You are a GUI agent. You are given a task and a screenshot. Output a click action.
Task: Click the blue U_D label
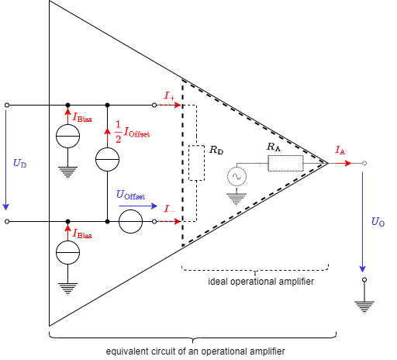pos(19,164)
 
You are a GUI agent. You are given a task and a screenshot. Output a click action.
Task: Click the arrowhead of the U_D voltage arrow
pos(6,207)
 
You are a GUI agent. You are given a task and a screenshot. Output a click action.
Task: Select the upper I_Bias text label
pos(82,118)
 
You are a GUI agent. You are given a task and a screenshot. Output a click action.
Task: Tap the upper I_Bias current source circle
pos(68,137)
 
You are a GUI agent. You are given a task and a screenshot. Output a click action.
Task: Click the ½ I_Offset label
pos(132,133)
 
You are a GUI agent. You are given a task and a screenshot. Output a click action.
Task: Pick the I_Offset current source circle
pos(108,160)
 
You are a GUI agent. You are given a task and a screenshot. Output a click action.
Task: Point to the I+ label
pos(170,96)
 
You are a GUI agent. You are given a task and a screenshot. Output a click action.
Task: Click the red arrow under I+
pos(170,105)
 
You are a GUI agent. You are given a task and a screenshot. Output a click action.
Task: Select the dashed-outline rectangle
pos(197,163)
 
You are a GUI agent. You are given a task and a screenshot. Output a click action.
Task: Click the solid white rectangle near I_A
pos(286,163)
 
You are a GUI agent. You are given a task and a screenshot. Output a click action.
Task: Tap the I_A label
pos(340,151)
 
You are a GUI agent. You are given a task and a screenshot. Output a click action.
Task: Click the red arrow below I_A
pos(344,163)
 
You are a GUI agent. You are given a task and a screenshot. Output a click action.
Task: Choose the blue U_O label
pos(378,222)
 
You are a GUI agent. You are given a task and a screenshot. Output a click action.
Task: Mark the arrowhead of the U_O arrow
pos(362,269)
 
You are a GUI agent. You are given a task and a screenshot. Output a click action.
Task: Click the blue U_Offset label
pos(130,196)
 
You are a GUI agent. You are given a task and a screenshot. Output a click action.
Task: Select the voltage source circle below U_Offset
pos(131,222)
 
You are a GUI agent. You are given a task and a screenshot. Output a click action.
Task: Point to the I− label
pos(169,209)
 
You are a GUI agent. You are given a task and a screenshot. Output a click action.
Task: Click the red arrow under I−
pos(170,221)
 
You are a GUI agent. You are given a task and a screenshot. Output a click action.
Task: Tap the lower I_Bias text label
pos(82,234)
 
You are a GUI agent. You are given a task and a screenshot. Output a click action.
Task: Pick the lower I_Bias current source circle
pos(68,253)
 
